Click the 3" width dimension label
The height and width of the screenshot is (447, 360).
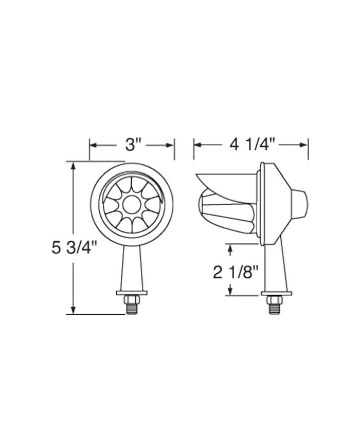(x=132, y=145)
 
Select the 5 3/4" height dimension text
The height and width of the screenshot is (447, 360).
(x=75, y=247)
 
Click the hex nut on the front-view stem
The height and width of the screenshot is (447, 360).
(x=132, y=299)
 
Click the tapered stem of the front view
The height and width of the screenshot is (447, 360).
(x=132, y=267)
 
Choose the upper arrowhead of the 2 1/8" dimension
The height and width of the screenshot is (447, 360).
(x=229, y=248)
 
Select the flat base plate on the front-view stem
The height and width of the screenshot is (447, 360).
(x=132, y=293)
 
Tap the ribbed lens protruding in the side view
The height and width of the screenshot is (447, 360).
(x=226, y=211)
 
